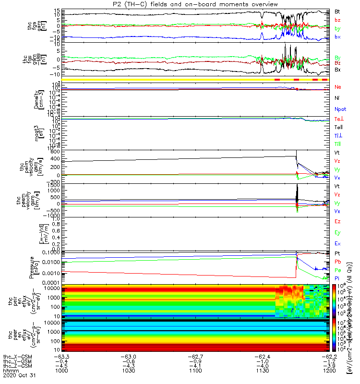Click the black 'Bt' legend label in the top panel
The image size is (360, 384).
point(338,11)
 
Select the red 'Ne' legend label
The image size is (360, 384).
point(338,87)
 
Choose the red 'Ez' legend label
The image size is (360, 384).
point(338,222)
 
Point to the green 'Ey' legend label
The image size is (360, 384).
point(338,233)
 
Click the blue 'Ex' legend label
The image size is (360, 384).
point(338,243)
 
